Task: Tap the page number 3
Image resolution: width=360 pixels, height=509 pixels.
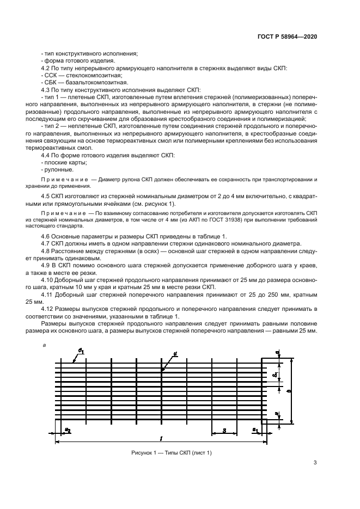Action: (x=315, y=463)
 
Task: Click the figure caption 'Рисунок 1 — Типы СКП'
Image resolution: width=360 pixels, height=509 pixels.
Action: (x=171, y=453)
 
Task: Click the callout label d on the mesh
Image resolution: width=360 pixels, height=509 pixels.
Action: (x=175, y=354)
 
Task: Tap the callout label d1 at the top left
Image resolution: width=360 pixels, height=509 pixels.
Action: (x=80, y=351)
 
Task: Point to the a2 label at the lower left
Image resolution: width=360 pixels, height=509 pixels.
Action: (x=68, y=431)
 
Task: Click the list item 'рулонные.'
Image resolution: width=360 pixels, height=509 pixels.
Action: (x=58, y=169)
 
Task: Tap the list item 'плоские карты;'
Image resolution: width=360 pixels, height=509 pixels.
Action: (x=64, y=162)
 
